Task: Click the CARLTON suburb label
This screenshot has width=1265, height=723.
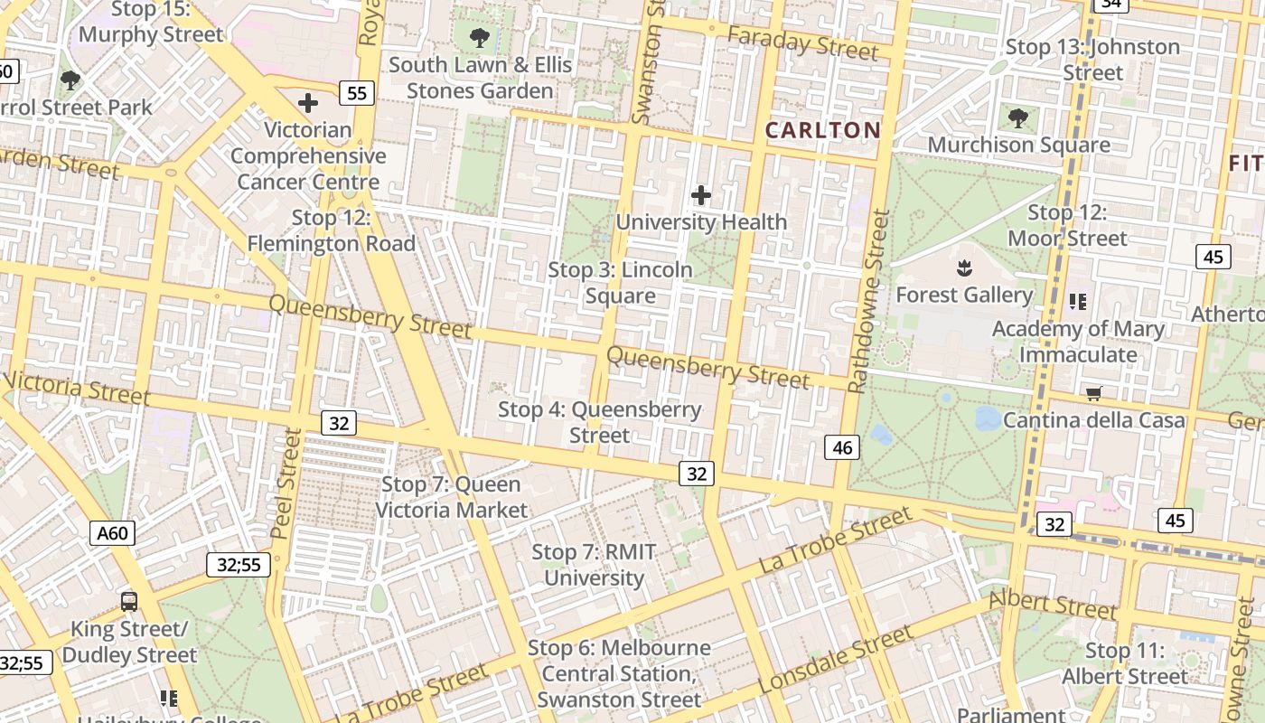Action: coord(822,130)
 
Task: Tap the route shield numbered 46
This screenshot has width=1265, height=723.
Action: coord(842,446)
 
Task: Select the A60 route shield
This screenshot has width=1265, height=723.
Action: coord(113,533)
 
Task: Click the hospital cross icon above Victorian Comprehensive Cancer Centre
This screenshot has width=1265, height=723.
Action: coord(308,103)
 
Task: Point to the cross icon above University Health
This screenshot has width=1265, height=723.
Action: coord(701,195)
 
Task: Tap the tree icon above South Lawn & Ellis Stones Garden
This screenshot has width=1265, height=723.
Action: coord(480,38)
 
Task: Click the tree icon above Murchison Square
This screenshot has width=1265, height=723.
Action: coord(1018,117)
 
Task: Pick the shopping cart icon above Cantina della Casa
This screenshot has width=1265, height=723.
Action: coord(1094,394)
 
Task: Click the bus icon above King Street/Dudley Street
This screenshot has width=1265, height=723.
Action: coord(129,601)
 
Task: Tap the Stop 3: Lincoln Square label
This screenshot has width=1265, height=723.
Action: coord(620,283)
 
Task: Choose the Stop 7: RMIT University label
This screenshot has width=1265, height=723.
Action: coord(594,565)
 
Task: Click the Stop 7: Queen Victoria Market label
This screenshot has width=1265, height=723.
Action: coord(451,497)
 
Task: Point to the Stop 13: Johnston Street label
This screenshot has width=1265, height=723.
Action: coord(1092,60)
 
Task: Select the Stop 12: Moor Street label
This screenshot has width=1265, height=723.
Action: coord(1067,225)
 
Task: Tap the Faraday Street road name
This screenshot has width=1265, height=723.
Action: coord(802,43)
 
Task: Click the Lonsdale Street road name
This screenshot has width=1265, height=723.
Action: coord(836,661)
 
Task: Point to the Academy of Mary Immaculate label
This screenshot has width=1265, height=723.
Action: coord(1078,342)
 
